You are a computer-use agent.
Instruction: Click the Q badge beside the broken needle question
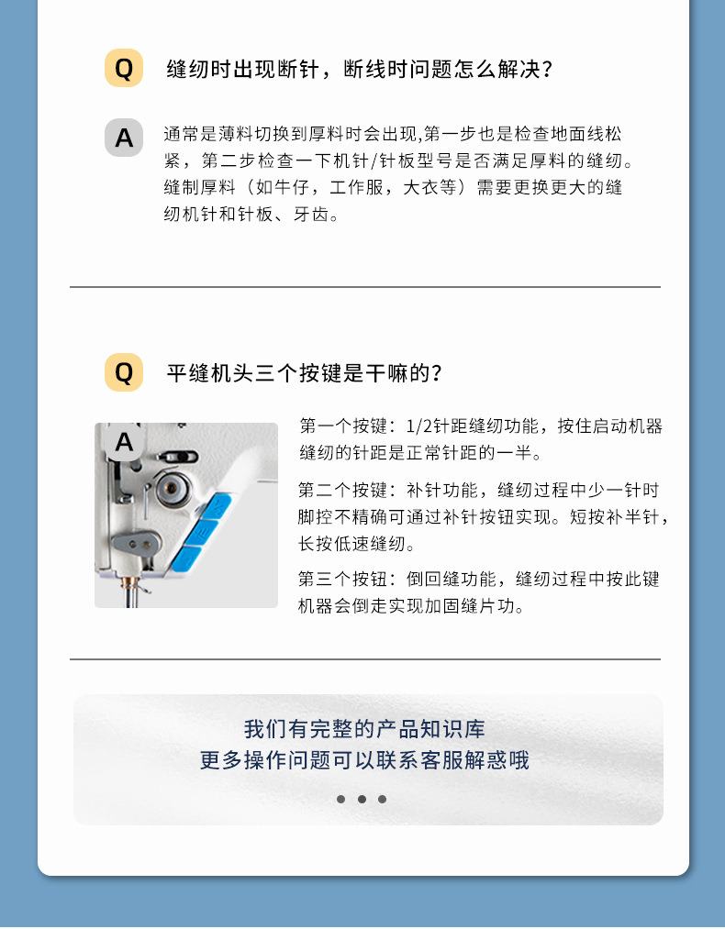click(124, 69)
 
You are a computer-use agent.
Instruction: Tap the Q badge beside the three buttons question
click(124, 372)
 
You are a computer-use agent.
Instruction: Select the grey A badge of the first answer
click(124, 138)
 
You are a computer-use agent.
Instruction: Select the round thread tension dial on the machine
click(168, 489)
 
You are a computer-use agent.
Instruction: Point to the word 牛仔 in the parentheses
click(287, 188)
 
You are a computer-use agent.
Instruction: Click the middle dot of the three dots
click(362, 799)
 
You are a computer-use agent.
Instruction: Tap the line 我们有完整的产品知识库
click(364, 730)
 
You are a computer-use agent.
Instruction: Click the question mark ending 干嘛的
click(438, 373)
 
